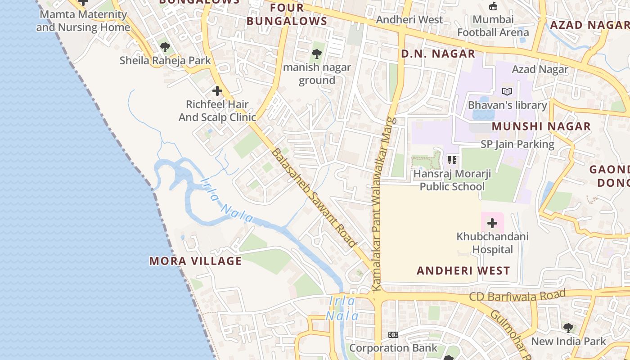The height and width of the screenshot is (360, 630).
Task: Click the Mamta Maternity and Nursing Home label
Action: point(83,21)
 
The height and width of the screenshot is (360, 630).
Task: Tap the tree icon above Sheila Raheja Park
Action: point(165,47)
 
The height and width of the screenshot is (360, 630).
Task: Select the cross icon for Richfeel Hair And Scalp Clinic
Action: point(217,91)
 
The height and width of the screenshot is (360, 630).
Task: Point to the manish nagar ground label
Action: point(317,74)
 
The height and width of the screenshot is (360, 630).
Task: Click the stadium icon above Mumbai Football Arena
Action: point(493,6)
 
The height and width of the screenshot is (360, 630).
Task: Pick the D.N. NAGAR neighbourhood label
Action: point(438,54)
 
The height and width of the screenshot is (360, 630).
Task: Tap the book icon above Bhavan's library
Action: point(507,91)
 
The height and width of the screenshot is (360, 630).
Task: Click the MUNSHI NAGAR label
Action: point(541,126)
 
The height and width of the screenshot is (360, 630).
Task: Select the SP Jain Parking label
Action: point(517,144)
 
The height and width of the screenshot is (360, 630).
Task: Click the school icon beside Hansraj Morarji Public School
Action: point(452,160)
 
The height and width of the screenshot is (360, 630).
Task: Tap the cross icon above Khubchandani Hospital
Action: point(492,223)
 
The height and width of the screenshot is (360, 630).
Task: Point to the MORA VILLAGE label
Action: point(195,261)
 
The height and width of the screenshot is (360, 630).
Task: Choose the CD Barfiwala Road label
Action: point(517,296)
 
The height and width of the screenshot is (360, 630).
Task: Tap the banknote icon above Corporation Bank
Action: point(393,335)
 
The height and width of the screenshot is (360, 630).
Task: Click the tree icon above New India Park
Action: point(568,328)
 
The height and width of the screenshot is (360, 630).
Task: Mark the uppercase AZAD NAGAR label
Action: point(589,25)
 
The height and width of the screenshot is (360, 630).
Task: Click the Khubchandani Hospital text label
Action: point(492,243)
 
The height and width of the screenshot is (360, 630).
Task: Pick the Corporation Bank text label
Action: point(393,348)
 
